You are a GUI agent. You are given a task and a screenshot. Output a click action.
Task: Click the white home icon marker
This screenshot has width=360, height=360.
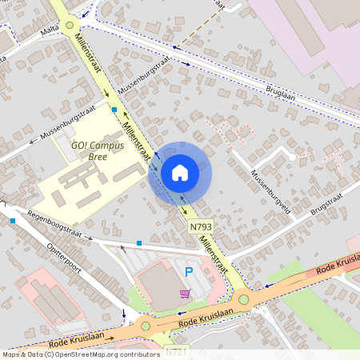pos(180,172)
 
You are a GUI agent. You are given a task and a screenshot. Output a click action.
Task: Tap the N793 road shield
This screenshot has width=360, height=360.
pos(201,228)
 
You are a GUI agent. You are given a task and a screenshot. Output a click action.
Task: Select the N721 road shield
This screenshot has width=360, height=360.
pos(178,351)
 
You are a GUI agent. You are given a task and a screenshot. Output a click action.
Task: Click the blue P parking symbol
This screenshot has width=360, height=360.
pos(189,272)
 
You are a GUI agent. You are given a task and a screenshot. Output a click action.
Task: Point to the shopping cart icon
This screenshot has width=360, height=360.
pos(186,294)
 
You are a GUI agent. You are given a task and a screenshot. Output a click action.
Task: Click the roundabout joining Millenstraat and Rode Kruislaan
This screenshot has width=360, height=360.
pos(244,300)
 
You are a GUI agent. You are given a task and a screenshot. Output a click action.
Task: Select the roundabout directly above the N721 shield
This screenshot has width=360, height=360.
pos(145,325)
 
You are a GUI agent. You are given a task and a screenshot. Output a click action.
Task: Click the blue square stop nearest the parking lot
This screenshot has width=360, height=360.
pos(139,242)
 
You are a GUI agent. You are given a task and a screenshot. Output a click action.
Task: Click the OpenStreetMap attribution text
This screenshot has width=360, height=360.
pos(81,354)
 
